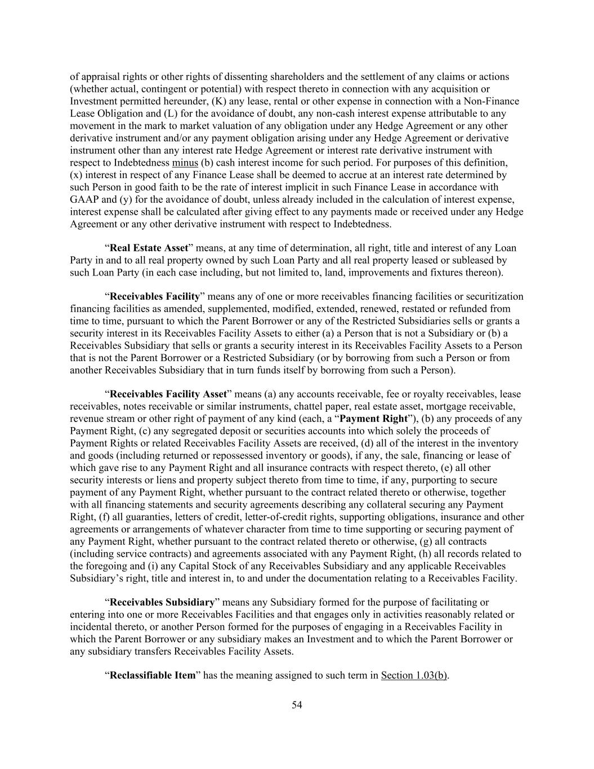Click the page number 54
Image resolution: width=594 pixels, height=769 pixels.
click(x=297, y=705)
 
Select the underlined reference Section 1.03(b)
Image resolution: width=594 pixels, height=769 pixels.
click(x=414, y=675)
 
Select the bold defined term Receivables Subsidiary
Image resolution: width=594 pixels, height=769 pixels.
click(x=162, y=602)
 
